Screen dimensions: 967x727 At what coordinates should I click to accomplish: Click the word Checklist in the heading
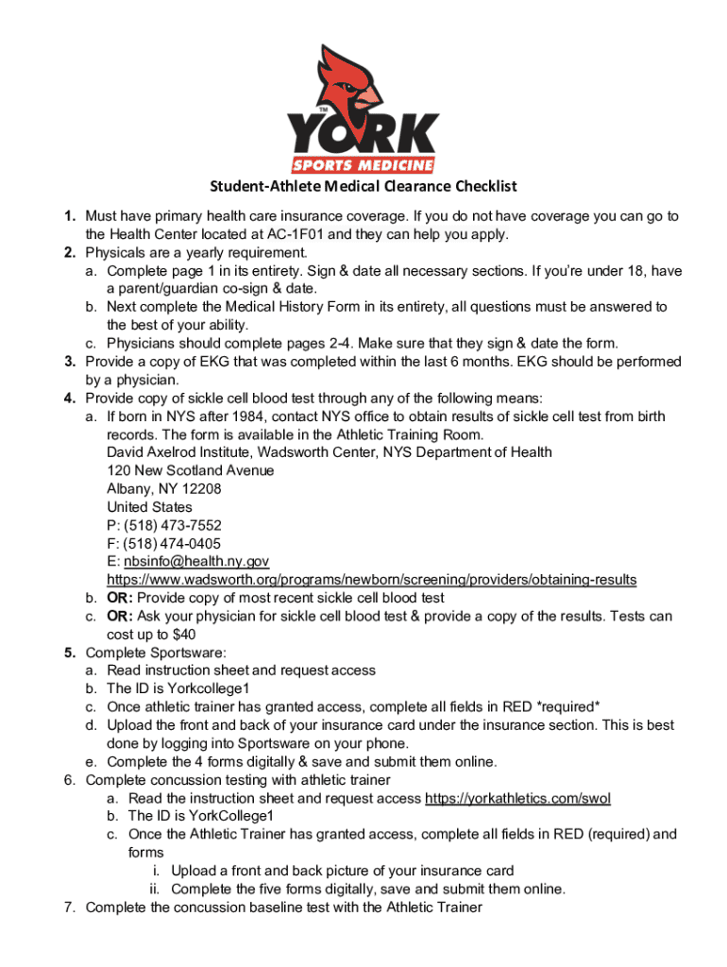477,186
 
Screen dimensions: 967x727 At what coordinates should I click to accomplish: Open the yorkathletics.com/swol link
517,798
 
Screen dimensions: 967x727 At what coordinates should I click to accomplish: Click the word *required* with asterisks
566,707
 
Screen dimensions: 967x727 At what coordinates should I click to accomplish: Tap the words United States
148,507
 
